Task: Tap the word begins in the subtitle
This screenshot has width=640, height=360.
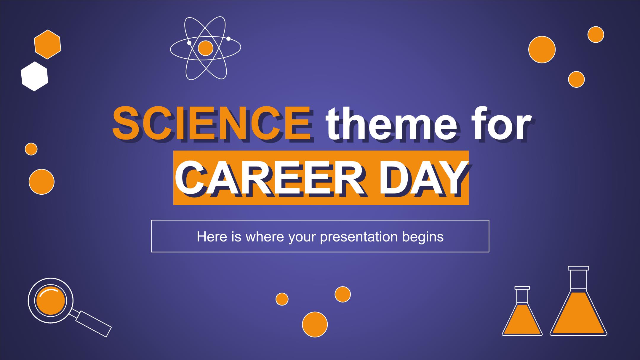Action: tap(422, 236)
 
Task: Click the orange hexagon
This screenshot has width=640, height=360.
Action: tap(47, 44)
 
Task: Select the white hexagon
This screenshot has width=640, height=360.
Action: tap(34, 76)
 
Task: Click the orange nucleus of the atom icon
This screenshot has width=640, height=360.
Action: tap(205, 48)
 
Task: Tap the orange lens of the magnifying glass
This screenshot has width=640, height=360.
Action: tap(50, 300)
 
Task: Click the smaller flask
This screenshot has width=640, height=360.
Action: tap(522, 311)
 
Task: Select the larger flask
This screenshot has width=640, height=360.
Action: tap(578, 301)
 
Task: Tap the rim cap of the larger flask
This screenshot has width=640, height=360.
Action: tap(578, 268)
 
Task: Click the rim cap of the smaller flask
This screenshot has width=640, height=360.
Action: tap(522, 288)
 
